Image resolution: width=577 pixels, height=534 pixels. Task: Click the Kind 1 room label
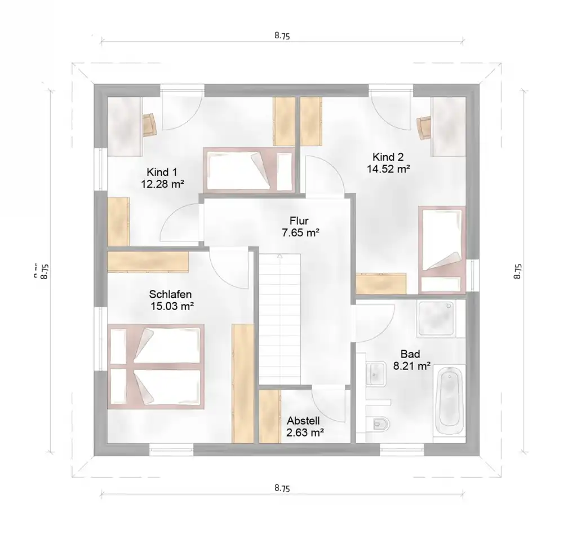[162, 172]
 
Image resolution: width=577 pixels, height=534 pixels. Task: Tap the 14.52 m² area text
[388, 169]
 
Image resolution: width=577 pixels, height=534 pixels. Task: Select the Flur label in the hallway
[299, 220]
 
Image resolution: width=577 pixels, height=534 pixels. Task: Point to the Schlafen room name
[170, 294]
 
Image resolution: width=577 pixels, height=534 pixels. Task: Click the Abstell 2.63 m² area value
[305, 433]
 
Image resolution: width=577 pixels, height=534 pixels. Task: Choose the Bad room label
[410, 354]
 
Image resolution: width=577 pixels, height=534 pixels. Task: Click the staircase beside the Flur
[279, 319]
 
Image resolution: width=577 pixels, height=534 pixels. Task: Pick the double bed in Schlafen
[156, 367]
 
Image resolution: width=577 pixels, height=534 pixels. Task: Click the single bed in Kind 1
[249, 170]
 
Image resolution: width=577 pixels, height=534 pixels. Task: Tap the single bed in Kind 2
[442, 250]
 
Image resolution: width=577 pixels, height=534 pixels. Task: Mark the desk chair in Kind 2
[424, 127]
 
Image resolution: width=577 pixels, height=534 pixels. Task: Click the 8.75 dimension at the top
[282, 36]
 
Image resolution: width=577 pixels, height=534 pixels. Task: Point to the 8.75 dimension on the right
[518, 271]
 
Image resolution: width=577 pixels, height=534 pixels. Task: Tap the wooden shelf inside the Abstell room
[270, 416]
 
